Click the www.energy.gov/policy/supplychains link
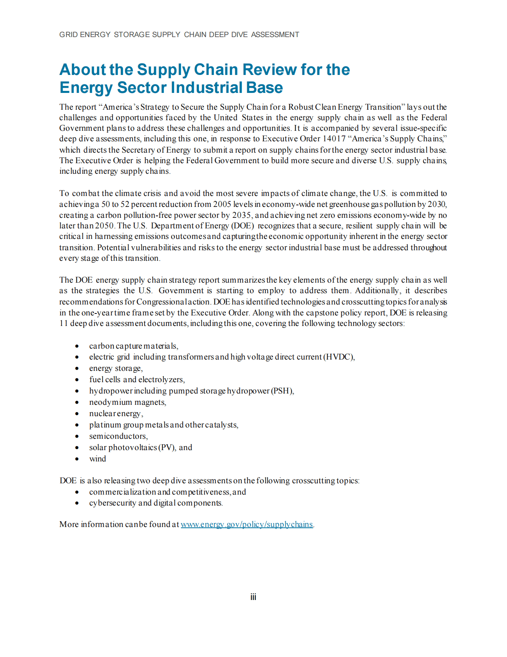pyautogui.click(x=246, y=524)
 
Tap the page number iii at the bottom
pyautogui.click(x=253, y=597)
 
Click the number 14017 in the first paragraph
pyautogui.click(x=334, y=139)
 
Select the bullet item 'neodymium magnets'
pyautogui.click(x=128, y=402)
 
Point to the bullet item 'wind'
pyautogui.click(x=97, y=459)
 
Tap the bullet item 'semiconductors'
pyautogui.click(x=118, y=436)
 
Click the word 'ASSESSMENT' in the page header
pyautogui.click(x=275, y=35)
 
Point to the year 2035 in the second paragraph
pyautogui.click(x=241, y=215)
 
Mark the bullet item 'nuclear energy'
pyautogui.click(x=116, y=413)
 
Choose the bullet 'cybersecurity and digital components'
pyautogui.click(x=156, y=503)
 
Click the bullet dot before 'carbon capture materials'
pyautogui.click(x=77, y=346)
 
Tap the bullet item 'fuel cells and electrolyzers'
pyautogui.click(x=137, y=379)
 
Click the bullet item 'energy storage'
pyautogui.click(x=115, y=368)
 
